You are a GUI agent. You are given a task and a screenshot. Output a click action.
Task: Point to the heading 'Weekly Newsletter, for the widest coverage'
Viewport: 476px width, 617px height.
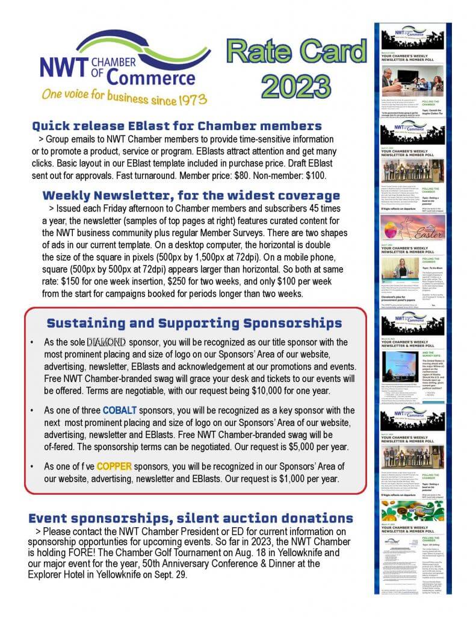pyautogui.click(x=191, y=196)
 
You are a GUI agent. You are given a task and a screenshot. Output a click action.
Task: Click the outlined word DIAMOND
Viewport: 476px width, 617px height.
pyautogui.click(x=107, y=342)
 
